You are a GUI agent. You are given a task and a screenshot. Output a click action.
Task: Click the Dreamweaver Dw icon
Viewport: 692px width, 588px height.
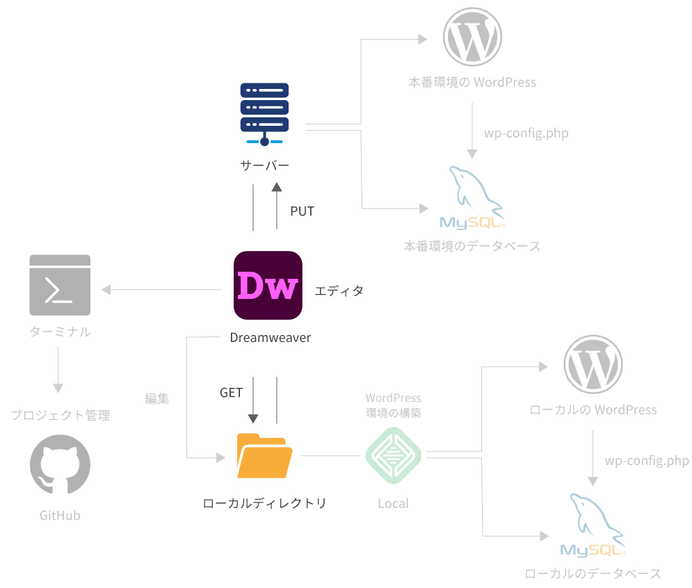[x=268, y=285]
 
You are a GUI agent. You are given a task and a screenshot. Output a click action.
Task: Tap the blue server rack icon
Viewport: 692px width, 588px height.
[x=264, y=114]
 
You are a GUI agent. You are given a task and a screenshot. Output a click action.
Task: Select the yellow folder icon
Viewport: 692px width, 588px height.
[x=264, y=456]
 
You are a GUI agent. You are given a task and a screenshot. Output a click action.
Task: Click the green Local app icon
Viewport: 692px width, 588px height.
[x=394, y=455]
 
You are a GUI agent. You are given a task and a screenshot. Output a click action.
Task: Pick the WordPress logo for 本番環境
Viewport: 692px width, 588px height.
[x=473, y=35]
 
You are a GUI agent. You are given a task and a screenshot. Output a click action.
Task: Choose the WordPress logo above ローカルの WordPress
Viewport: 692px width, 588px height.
[x=593, y=364]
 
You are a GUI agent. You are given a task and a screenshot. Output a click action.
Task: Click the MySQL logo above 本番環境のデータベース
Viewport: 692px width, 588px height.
[x=473, y=199]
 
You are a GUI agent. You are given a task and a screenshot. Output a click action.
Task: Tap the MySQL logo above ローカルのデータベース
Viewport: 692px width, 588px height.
[x=593, y=526]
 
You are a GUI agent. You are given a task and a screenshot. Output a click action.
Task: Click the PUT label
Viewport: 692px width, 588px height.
[x=302, y=211]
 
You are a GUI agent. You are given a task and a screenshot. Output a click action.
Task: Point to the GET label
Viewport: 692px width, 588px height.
[x=231, y=393]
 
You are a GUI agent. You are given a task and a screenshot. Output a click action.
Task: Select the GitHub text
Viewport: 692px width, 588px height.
[x=60, y=516]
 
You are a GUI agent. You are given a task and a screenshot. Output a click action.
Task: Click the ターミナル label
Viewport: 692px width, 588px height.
[x=60, y=332]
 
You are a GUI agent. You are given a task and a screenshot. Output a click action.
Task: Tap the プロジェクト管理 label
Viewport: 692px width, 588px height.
[x=60, y=416]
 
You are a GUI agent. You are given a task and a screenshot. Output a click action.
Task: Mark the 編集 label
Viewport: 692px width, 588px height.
[x=157, y=399]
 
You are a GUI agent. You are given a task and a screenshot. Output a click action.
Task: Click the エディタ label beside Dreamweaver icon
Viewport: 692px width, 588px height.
[x=339, y=291]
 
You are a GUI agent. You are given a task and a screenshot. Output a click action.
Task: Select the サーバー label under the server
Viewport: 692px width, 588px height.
[x=264, y=165]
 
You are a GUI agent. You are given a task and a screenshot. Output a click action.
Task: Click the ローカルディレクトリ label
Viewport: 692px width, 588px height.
[x=264, y=503]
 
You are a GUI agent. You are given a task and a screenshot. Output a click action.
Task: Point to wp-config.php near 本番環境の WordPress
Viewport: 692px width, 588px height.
[x=526, y=133]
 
